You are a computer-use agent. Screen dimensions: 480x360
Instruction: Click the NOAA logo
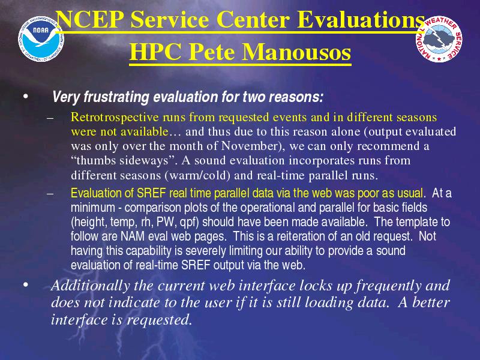pyautogui.click(x=41, y=39)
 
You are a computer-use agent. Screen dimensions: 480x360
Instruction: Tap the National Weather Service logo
pyautogui.click(x=439, y=39)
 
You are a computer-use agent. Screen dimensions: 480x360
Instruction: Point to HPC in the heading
pyautogui.click(x=155, y=52)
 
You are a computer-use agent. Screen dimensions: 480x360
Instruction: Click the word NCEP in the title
pyautogui.click(x=91, y=20)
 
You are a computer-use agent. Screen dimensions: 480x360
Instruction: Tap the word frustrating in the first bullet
pyautogui.click(x=116, y=97)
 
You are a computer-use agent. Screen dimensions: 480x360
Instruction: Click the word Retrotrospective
pyautogui.click(x=115, y=117)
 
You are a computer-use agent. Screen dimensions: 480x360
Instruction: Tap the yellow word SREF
pyautogui.click(x=151, y=193)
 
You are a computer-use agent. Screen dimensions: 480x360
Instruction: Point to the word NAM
pyautogui.click(x=132, y=236)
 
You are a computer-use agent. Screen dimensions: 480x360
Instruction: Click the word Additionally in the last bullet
pyautogui.click(x=91, y=286)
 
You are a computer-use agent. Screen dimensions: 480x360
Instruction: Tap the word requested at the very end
pyautogui.click(x=160, y=320)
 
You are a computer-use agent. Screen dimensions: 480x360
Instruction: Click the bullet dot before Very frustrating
pyautogui.click(x=25, y=97)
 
